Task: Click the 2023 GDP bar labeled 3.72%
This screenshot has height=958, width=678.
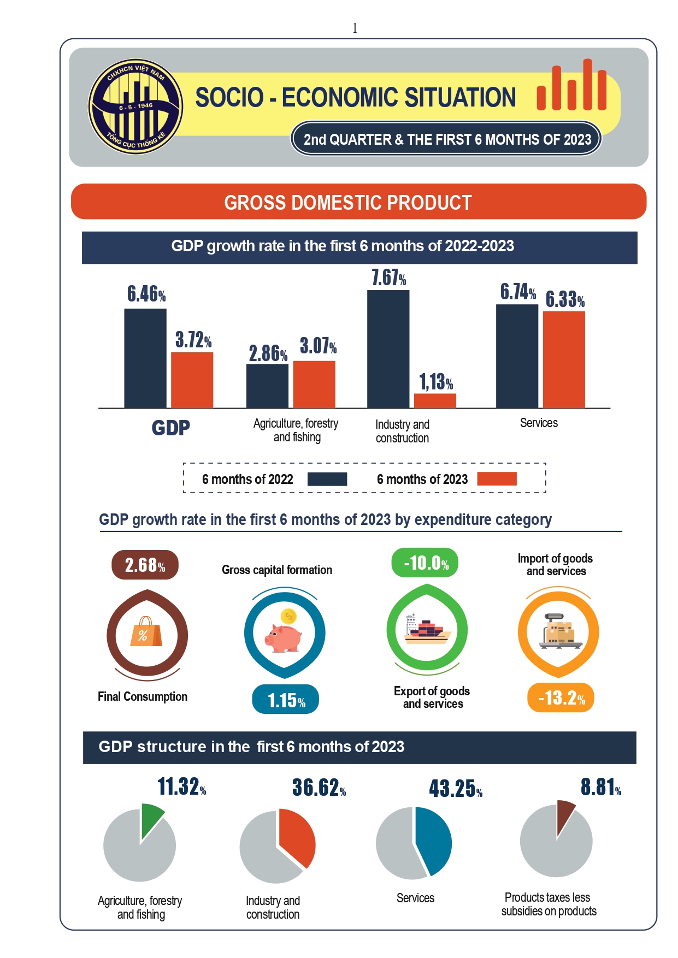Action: click(192, 380)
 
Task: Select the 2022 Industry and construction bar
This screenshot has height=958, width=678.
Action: click(388, 349)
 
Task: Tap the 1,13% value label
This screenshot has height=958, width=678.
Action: click(436, 382)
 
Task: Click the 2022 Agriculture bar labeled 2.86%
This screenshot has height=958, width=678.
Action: click(267, 386)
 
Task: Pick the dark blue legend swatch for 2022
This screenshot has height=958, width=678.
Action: click(327, 479)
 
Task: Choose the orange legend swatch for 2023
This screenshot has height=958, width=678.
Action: click(497, 478)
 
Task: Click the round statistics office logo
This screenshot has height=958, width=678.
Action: click(135, 107)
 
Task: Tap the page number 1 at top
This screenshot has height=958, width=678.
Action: click(355, 28)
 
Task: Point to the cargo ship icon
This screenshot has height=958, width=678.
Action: click(427, 631)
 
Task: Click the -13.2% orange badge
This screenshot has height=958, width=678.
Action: click(561, 697)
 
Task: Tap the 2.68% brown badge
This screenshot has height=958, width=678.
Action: click(145, 565)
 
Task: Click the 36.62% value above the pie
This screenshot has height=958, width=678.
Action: click(319, 788)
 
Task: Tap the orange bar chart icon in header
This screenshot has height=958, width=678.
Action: click(571, 86)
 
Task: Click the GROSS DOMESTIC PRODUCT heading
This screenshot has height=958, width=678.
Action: click(348, 203)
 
